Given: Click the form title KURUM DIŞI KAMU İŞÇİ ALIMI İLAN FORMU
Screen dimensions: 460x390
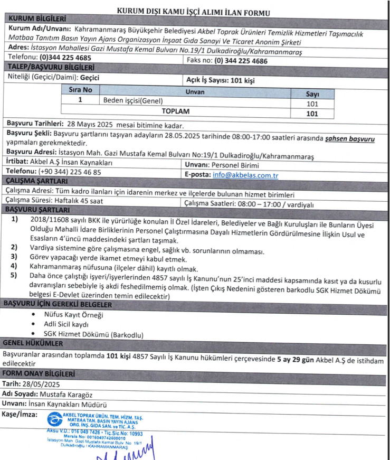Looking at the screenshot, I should (194, 11).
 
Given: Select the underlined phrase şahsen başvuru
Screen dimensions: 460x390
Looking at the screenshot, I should (350, 139).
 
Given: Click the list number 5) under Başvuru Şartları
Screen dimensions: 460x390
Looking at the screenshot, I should (14, 275).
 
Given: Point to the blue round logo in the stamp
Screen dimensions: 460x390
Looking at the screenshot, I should (54, 420).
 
